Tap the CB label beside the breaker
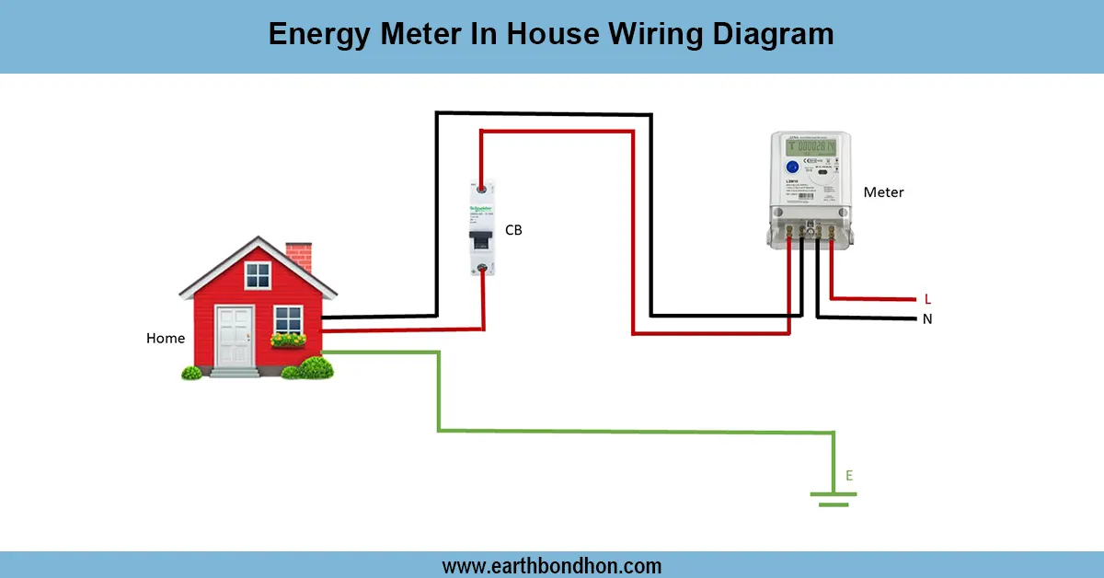click(513, 230)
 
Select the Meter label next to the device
click(883, 192)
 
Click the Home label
click(166, 339)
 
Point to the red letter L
click(927, 299)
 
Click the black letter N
click(927, 319)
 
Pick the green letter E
click(849, 476)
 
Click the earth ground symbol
click(834, 498)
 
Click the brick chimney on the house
click(298, 257)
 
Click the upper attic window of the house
click(258, 274)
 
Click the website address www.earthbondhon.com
click(552, 565)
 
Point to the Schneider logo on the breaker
click(479, 209)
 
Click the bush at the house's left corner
click(191, 373)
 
